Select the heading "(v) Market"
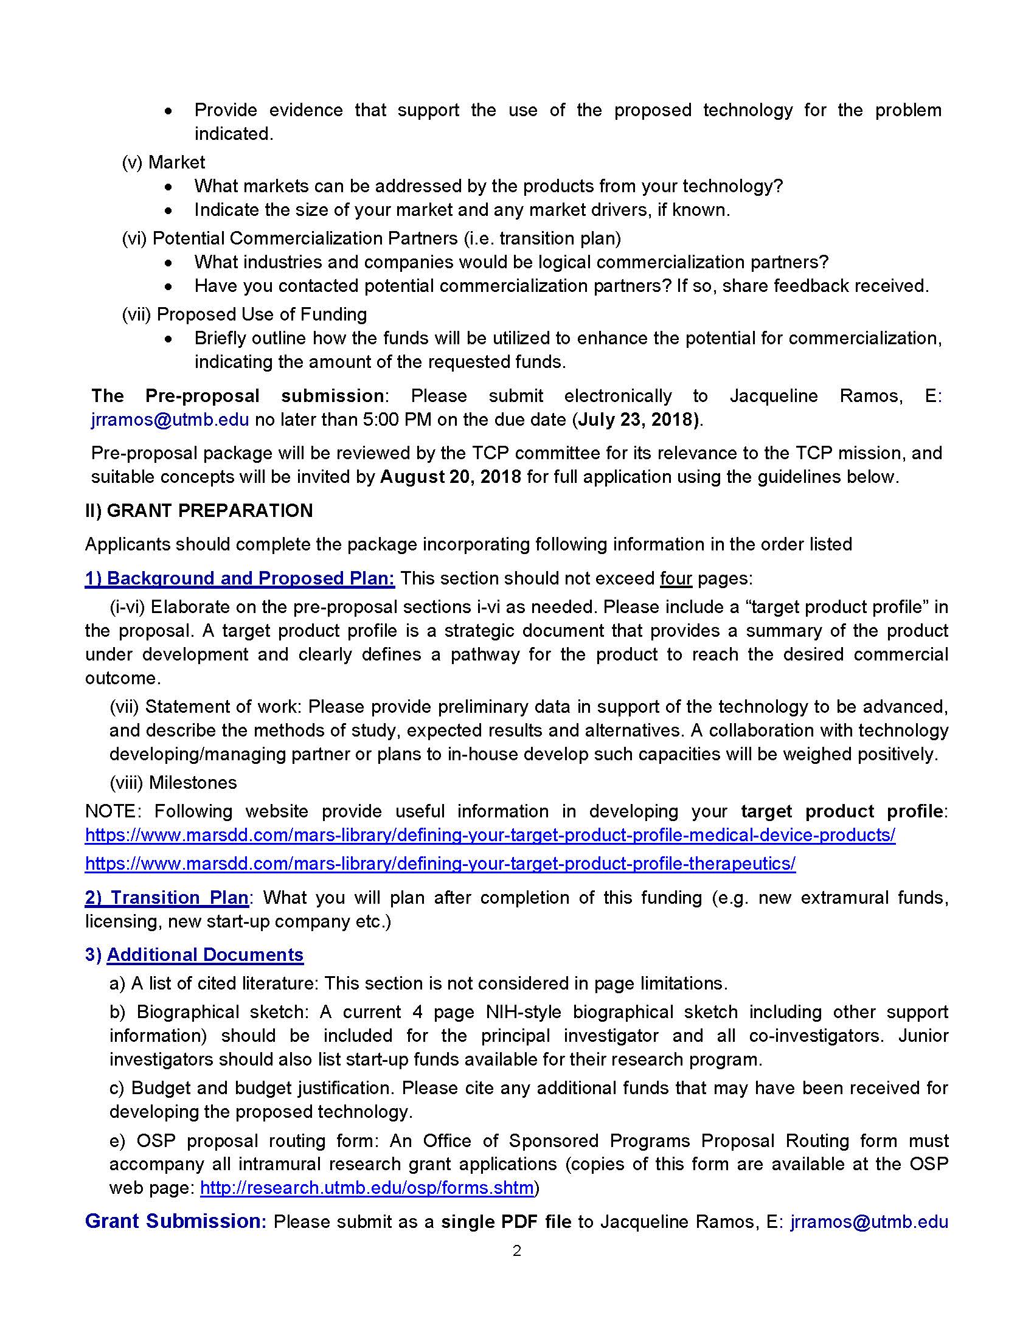click(164, 162)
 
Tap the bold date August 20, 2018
click(450, 477)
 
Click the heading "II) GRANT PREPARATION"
click(199, 510)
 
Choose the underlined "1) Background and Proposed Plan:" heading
click(240, 578)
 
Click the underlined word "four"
click(676, 578)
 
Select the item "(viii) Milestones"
click(173, 782)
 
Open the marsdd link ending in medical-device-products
click(490, 835)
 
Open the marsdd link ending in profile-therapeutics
click(440, 863)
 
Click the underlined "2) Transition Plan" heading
click(167, 898)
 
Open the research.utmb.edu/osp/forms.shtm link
click(367, 1188)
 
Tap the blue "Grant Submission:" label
click(175, 1221)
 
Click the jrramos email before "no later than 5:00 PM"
click(170, 420)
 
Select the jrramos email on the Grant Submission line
click(869, 1222)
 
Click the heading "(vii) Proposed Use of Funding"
click(245, 314)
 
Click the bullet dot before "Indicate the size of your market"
click(168, 211)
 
